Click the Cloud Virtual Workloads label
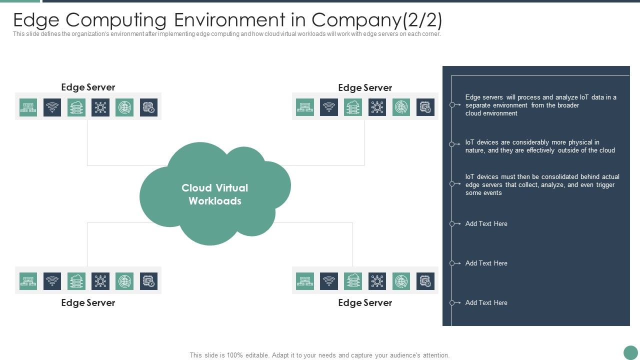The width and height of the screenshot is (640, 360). point(214,194)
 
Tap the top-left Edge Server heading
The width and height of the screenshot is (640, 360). point(88,87)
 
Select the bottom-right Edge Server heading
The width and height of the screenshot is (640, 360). point(365,302)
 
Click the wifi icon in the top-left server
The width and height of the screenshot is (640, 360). point(52,107)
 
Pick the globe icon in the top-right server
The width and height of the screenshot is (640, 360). point(401,107)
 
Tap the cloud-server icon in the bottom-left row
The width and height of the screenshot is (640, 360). point(76,281)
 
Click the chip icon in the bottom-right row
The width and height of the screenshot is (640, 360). point(425,281)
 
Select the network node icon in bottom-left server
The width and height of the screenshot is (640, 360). point(100,281)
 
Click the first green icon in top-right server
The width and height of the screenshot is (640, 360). point(305,107)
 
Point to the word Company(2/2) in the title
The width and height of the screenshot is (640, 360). point(377,20)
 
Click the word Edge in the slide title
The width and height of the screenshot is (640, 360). point(36,20)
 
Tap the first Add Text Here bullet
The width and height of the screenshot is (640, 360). point(486,223)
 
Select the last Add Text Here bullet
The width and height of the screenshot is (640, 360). point(486,302)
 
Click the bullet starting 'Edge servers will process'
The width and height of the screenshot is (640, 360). point(540,105)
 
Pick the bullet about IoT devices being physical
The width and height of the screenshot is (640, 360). point(539,146)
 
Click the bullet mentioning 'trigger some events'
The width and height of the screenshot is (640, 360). point(542,184)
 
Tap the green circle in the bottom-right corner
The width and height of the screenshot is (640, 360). point(630,352)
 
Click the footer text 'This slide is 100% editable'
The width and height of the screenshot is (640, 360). point(319,355)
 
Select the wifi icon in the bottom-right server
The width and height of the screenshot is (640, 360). point(329,281)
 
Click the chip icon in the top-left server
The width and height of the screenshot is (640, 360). point(148,107)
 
